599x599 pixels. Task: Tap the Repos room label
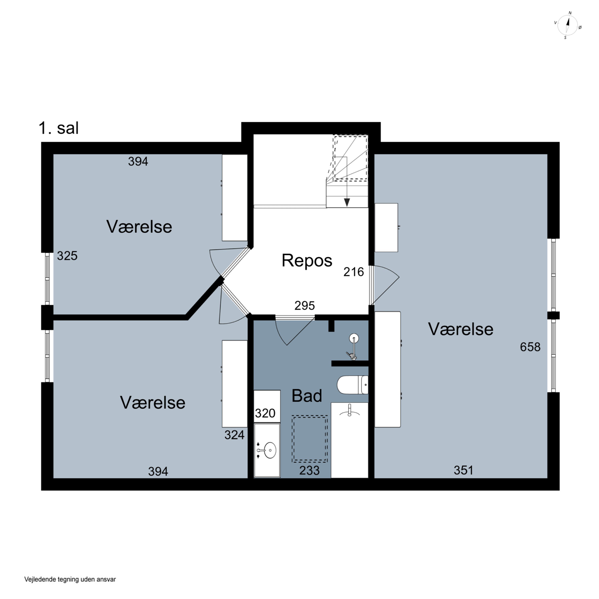[307, 260]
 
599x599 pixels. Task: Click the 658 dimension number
[530, 347]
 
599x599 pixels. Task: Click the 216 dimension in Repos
[353, 272]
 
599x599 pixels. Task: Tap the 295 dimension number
[304, 306]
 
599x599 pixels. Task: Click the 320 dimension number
[265, 413]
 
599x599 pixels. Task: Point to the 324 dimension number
[234, 435]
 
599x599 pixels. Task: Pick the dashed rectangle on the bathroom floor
[309, 439]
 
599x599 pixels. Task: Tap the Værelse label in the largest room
[460, 329]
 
